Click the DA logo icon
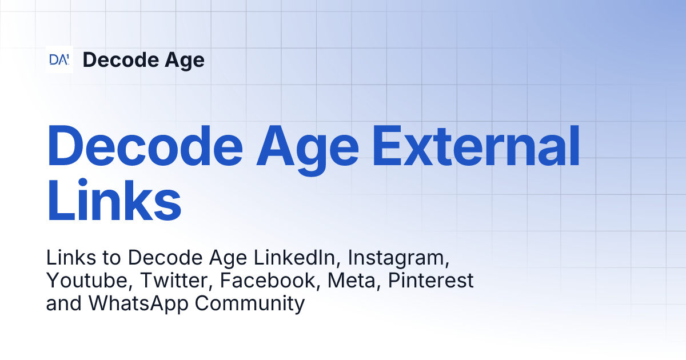[59, 59]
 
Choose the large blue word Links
[114, 201]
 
